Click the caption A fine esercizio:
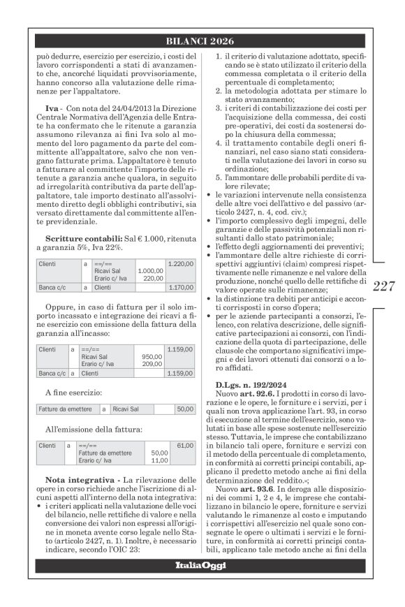coord(74,393)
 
